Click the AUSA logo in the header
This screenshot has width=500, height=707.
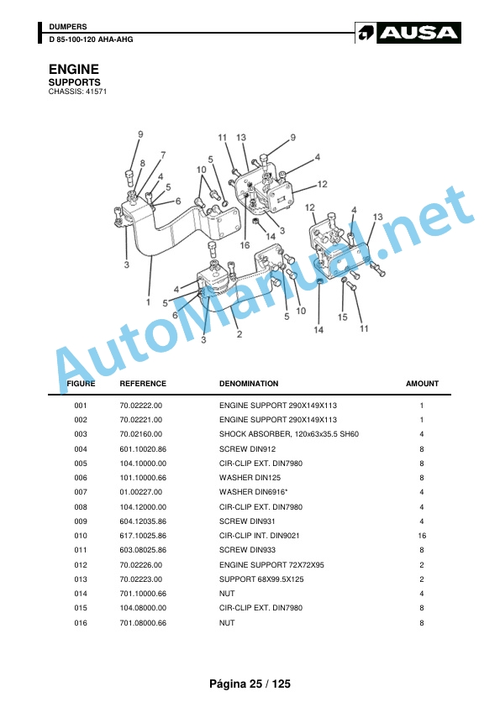point(408,33)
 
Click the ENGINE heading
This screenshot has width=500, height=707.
point(74,69)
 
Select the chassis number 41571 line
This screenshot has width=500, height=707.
point(77,92)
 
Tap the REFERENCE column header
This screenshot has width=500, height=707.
point(143,384)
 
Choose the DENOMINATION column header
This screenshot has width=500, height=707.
point(249,384)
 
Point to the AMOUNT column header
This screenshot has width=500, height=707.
point(422,384)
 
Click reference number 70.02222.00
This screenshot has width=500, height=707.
point(141,406)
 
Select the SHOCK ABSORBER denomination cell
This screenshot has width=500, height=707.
point(289,434)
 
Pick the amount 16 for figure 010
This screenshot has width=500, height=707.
point(422,536)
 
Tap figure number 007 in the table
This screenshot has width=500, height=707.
point(81,492)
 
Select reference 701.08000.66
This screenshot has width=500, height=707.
point(143,623)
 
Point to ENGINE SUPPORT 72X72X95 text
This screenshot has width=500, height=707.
point(271,564)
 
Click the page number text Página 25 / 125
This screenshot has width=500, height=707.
point(250,684)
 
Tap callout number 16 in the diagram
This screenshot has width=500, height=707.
point(245,245)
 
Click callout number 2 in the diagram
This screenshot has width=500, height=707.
point(239,334)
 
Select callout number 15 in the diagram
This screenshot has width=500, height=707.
point(343,317)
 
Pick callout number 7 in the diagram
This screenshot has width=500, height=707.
point(163,154)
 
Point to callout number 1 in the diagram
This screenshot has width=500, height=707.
point(148,301)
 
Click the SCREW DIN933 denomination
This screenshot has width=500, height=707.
point(247,550)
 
